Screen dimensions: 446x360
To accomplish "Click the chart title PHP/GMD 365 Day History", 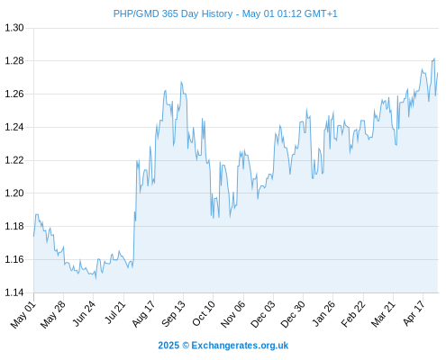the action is coord(173,13).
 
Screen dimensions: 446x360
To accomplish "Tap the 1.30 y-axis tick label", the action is coord(14,28).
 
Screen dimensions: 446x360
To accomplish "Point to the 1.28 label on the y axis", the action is coord(14,61).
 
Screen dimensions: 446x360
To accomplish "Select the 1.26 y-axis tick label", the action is coord(14,94).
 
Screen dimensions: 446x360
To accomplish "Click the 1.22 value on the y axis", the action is coord(14,160).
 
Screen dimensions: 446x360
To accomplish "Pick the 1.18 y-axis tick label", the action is coord(14,226).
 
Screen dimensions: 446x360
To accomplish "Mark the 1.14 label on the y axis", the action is coord(14,292).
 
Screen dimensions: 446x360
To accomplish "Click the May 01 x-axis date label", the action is coord(23,315).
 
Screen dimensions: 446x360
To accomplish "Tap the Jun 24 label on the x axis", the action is coord(84,314).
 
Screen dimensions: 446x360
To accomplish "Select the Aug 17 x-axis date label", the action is coord(143,314).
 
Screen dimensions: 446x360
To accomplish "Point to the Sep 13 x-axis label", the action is coord(173,314).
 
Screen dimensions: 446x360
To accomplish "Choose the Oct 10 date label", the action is coord(204,314).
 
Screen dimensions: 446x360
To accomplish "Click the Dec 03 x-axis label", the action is coord(262,315).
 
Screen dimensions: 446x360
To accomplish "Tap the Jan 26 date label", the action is coord(323,314).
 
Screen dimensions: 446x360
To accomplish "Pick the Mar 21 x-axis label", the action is coord(383,314).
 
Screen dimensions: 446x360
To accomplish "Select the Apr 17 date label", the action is coord(414,313).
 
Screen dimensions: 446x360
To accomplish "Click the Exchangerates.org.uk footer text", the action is coord(240,346).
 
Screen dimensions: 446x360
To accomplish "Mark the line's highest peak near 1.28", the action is coord(434,58).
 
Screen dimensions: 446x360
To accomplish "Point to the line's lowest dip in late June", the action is coord(96,279).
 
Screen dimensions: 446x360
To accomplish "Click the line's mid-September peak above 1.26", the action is coord(181,82).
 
